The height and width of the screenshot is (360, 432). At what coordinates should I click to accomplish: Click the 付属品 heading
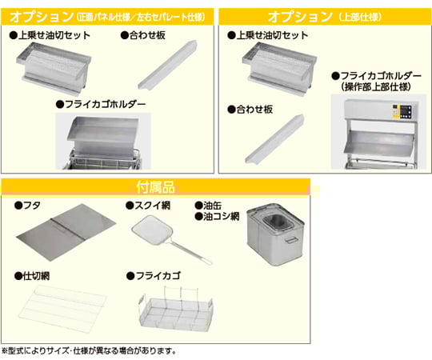pos(156,187)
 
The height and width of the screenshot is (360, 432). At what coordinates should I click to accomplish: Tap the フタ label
pos(27,206)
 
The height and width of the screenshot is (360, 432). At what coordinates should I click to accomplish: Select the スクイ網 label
pos(148,206)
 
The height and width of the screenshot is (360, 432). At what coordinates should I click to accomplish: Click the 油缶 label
pos(208,206)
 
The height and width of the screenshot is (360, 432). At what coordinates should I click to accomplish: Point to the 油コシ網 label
pos(217,217)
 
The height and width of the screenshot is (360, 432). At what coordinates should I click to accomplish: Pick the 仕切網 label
pos(32,276)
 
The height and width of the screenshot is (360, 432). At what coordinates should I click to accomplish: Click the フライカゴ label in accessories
pos(154,276)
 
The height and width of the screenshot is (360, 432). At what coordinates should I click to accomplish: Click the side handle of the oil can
pos(290,239)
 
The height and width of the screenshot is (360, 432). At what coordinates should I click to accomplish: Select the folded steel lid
pos(66,233)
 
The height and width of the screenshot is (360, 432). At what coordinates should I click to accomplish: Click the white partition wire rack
pos(62,310)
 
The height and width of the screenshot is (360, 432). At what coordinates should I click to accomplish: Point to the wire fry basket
pos(176,310)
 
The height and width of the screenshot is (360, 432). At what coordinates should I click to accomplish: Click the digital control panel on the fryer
pos(403,112)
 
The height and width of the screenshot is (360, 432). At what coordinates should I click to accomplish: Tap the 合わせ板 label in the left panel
pos(143,35)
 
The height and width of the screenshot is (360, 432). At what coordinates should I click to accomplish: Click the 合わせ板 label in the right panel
pos(250,110)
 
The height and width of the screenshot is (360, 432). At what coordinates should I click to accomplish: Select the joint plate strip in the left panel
pos(167,65)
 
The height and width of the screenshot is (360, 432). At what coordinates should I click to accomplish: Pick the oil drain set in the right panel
pos(280,70)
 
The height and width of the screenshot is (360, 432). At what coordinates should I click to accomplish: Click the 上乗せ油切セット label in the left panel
pos(50,35)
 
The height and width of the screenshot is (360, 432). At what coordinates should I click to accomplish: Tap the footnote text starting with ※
pos(89,351)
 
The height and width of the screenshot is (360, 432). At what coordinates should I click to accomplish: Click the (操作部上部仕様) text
pos(376,87)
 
